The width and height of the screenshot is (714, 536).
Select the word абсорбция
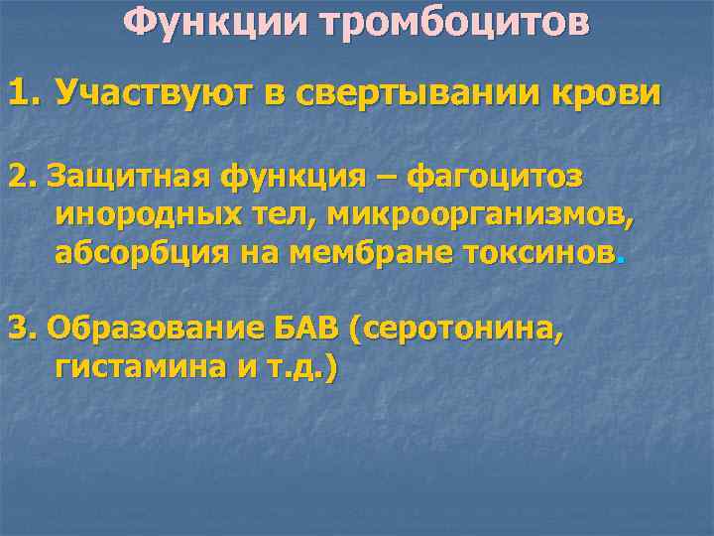tap(142, 252)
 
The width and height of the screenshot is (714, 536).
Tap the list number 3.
tap(20, 329)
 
